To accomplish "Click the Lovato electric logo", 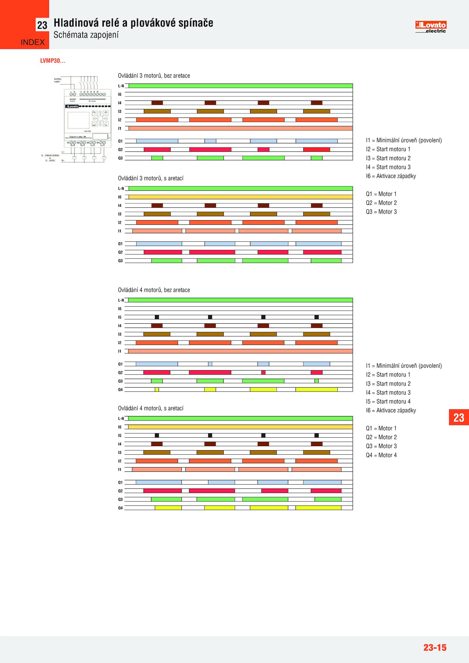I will click(x=431, y=27).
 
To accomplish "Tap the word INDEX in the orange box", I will click(x=33, y=42).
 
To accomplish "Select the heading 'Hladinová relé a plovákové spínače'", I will click(x=133, y=23).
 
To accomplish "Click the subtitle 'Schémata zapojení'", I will click(x=86, y=35).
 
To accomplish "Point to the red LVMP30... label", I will click(x=53, y=61).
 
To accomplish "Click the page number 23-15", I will click(x=434, y=647).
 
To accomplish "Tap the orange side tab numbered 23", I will click(x=459, y=417).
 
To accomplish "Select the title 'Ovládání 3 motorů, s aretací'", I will click(x=151, y=178).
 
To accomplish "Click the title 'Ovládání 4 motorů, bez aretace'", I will click(x=154, y=290).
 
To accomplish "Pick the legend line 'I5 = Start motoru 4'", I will click(x=388, y=401).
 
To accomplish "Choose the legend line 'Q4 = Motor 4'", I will click(x=381, y=455).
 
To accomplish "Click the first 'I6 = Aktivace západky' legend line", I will click(x=391, y=176).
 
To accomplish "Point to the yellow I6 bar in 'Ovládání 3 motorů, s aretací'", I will click(x=240, y=197).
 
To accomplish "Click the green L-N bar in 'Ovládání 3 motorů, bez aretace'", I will click(x=240, y=86).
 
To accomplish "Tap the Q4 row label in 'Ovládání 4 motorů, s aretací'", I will click(x=120, y=508).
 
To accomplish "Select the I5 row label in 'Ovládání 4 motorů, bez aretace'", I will click(x=120, y=317).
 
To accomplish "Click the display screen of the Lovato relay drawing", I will click(x=78, y=120).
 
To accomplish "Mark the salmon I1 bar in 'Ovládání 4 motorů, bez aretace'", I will click(x=240, y=351).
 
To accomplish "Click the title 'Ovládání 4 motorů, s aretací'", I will click(x=151, y=408).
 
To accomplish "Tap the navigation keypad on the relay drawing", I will click(x=100, y=119).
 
